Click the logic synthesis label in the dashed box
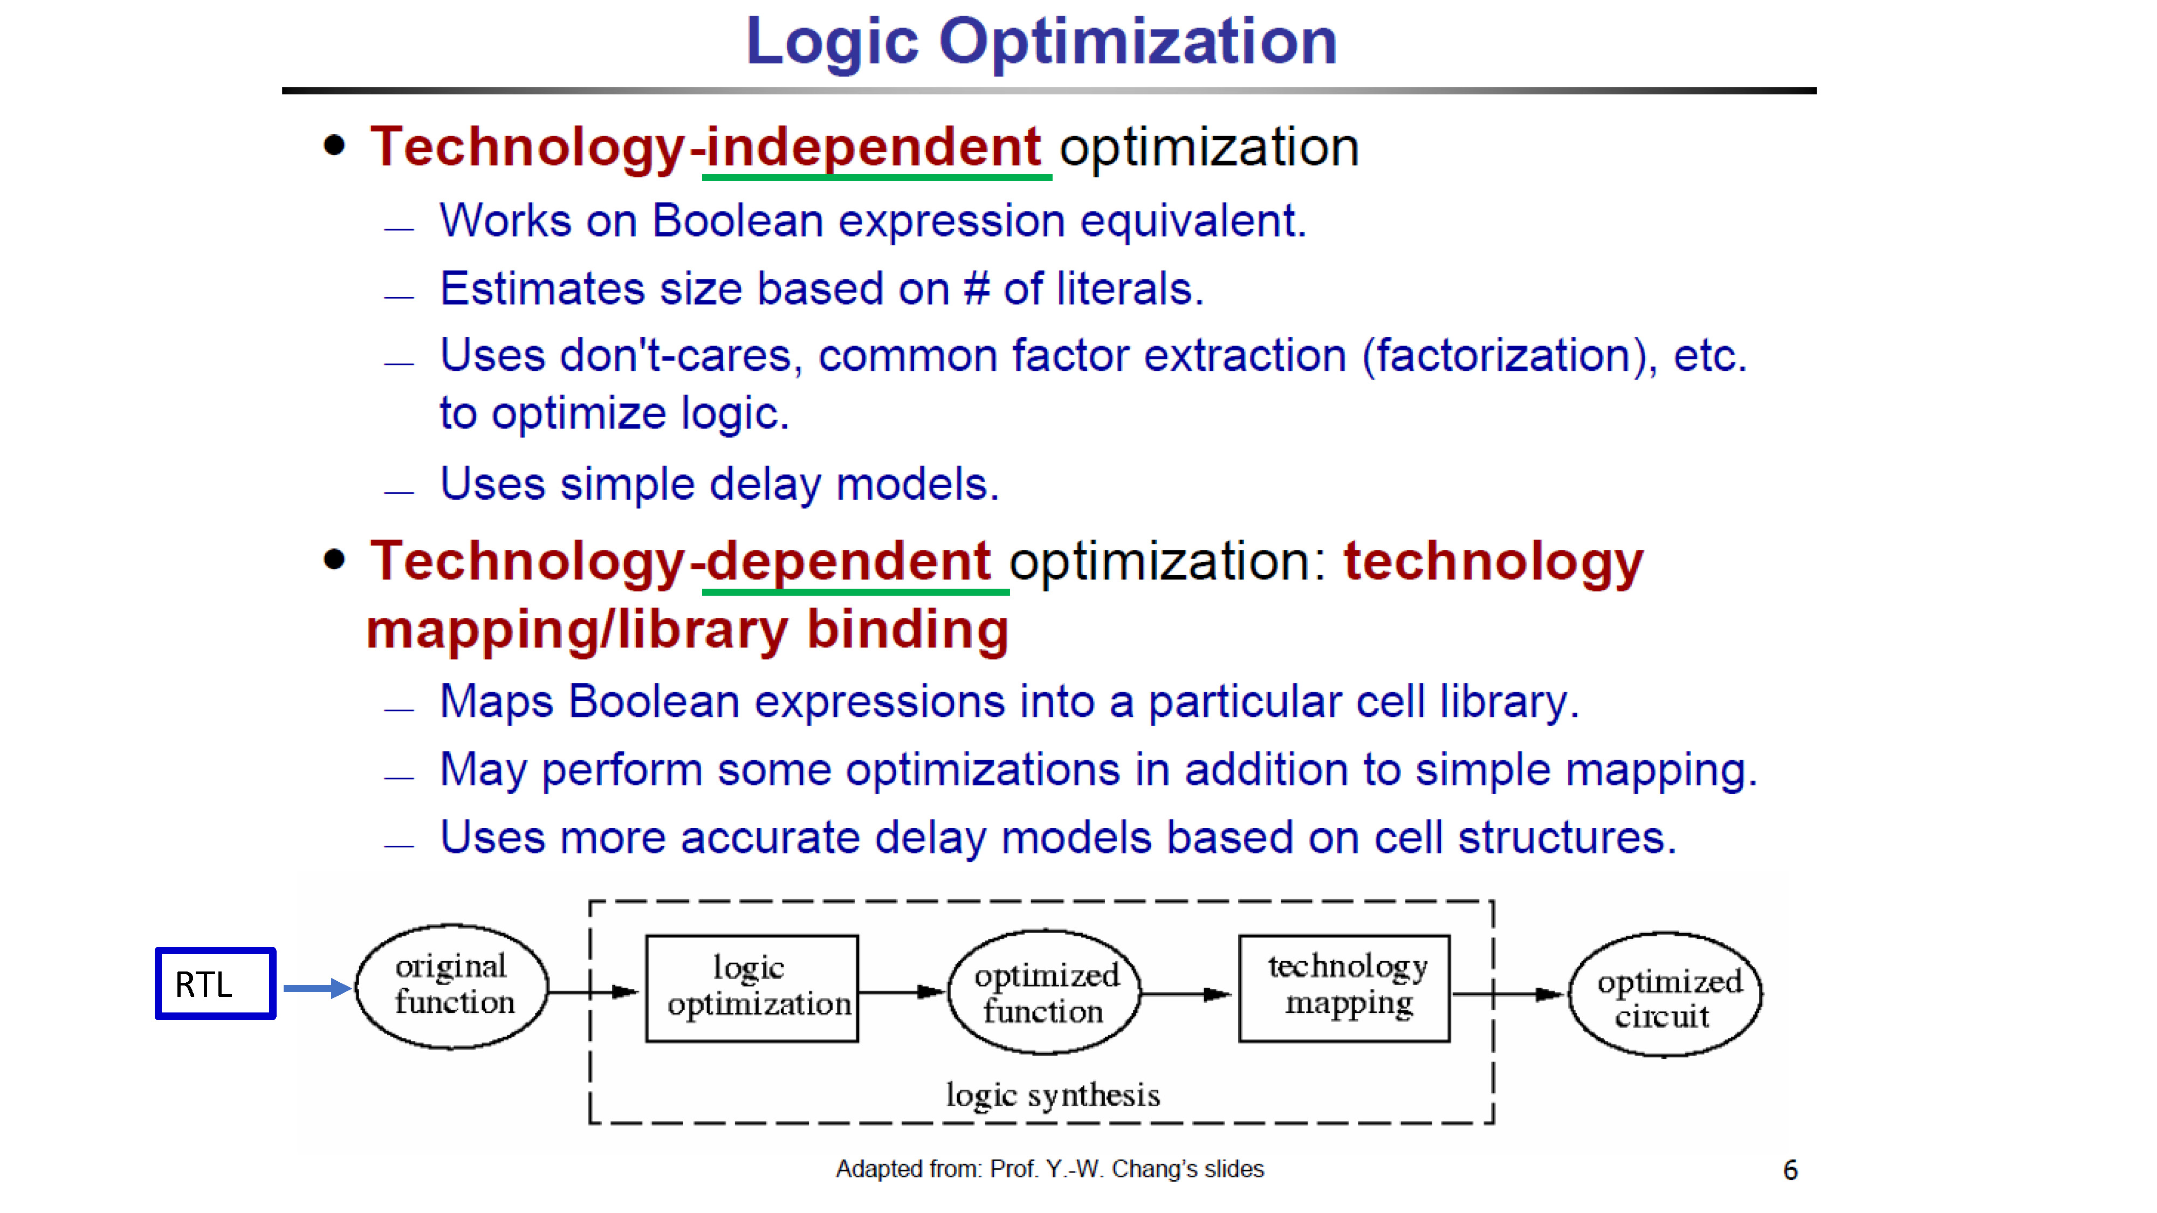[x=1053, y=1095]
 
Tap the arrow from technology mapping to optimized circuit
[x=1509, y=995]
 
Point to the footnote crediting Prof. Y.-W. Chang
[x=1050, y=1169]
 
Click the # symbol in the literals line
[x=977, y=289]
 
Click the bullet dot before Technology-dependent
[x=334, y=559]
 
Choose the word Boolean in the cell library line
[x=654, y=701]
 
